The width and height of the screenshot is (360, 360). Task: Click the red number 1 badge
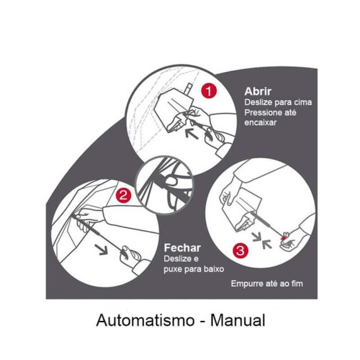tap(209, 91)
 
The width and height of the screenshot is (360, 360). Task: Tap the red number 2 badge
tap(124, 195)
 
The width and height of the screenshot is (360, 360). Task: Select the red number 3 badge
tap(241, 250)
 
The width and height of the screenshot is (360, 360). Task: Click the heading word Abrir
tap(258, 92)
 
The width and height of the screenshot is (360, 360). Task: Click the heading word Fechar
tap(183, 248)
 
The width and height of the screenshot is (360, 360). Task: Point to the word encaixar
tap(260, 123)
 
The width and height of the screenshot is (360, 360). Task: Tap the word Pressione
tap(261, 112)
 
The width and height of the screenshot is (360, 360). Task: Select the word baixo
tap(213, 269)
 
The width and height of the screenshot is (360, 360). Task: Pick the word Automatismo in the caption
tap(145, 320)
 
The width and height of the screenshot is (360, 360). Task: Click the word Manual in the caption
tap(238, 320)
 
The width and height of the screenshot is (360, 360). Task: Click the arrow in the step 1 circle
tap(192, 134)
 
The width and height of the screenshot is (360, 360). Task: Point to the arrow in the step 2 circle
tap(101, 249)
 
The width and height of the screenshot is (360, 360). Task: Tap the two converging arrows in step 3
tap(262, 241)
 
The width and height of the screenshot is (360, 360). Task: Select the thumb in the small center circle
tap(172, 181)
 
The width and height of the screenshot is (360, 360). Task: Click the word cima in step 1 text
tap(303, 102)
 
